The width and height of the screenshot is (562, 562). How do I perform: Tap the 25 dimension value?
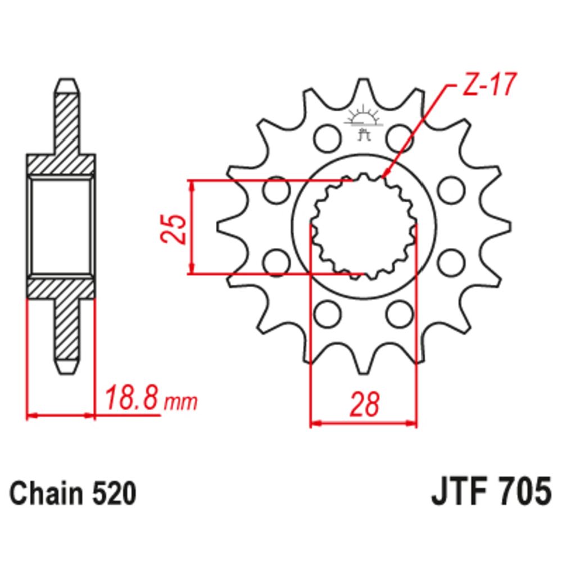[174, 229]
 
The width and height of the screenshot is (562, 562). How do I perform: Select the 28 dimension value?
[364, 404]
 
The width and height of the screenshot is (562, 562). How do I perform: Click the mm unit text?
[180, 402]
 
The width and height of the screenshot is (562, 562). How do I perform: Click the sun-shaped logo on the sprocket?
[363, 121]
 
